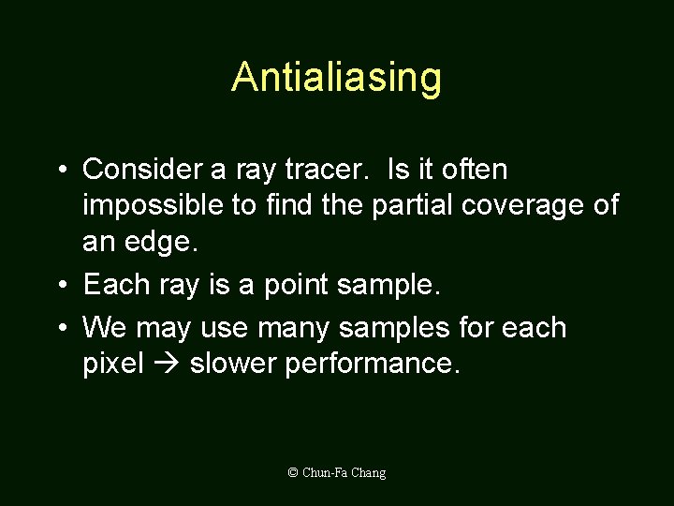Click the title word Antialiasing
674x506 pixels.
[336, 78]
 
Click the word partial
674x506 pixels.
[412, 205]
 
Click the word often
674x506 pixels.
[474, 170]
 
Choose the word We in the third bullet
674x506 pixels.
[105, 328]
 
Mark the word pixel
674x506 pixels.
[113, 364]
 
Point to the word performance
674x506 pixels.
[373, 364]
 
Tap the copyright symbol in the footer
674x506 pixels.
[293, 473]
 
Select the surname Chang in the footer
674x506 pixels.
[369, 473]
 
